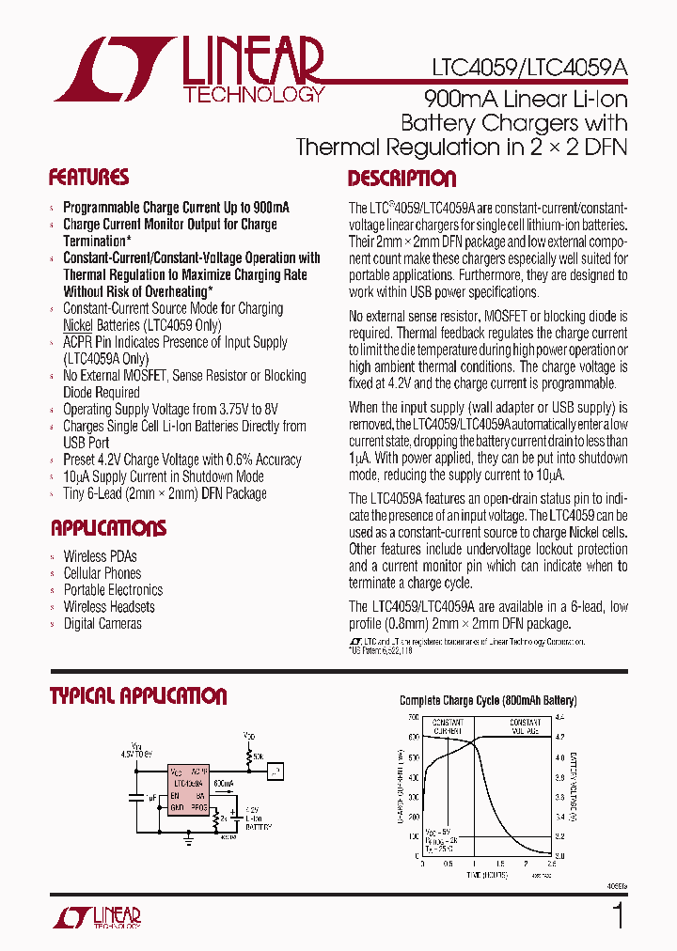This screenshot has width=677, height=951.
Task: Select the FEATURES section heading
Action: point(88,178)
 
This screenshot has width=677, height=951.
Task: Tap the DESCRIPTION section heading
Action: point(401,179)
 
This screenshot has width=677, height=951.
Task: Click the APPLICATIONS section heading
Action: point(108,528)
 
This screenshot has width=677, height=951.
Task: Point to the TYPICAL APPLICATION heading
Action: point(138,696)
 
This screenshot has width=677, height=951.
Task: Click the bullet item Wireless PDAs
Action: point(100,556)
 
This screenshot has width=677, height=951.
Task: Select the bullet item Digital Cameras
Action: point(102,624)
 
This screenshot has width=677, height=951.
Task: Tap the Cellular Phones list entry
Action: point(102,573)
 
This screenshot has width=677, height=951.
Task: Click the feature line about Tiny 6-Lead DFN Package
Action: point(165,493)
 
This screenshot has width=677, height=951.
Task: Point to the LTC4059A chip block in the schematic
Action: point(189,788)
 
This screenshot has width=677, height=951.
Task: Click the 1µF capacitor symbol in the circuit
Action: point(138,797)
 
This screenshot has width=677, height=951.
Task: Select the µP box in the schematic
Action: point(275,772)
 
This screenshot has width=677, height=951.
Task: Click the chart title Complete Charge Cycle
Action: point(487,701)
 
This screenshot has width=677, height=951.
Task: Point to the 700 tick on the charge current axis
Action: point(413,716)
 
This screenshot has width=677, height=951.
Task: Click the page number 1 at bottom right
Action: point(618,915)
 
